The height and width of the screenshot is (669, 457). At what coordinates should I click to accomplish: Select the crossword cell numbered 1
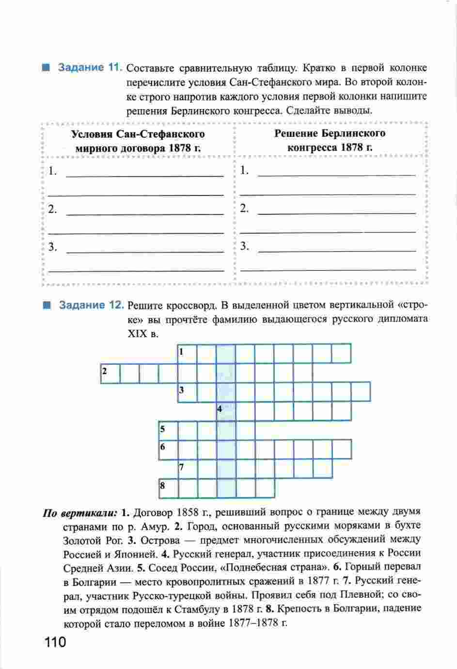tap(187, 353)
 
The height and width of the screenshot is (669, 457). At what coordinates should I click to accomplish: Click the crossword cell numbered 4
tap(226, 411)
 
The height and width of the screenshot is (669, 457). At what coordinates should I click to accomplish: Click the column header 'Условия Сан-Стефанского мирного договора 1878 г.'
tap(138, 141)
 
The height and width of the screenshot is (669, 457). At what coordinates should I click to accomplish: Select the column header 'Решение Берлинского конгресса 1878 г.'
tap(330, 140)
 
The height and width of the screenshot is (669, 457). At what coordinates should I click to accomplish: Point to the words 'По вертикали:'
tap(80, 513)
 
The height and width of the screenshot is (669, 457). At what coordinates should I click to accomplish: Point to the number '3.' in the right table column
tap(245, 246)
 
